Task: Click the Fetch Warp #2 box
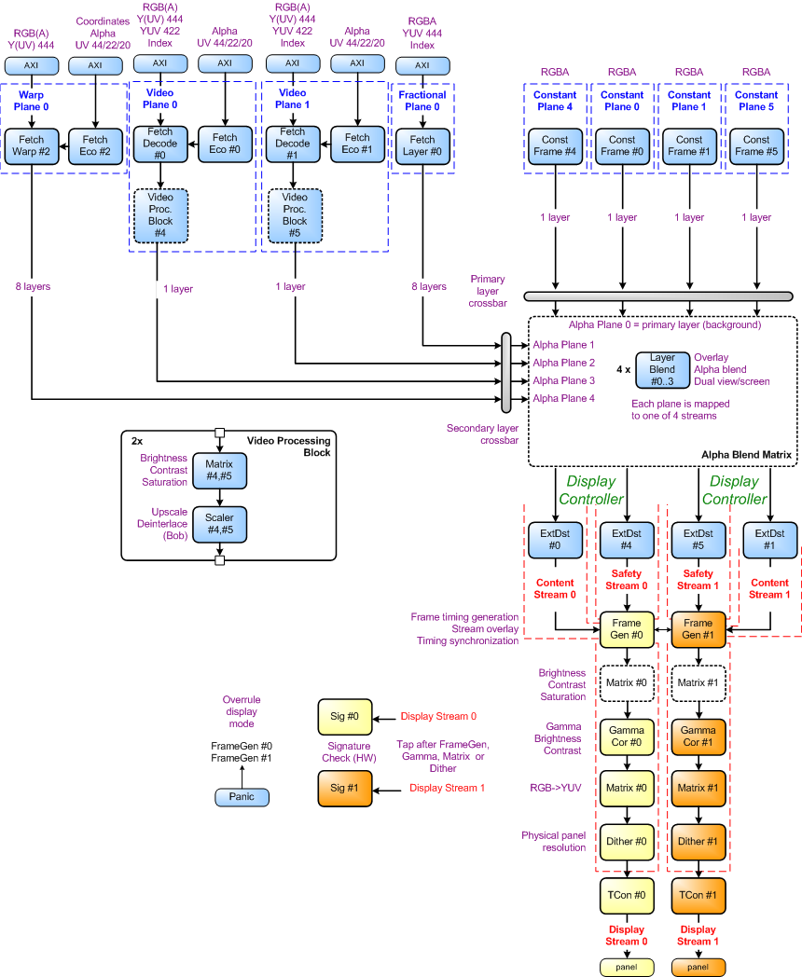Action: [33, 146]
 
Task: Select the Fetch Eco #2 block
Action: [94, 146]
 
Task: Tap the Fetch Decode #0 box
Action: [160, 144]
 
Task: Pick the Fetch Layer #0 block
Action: [422, 146]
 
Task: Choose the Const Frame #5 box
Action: [756, 146]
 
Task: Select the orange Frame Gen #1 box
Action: [698, 629]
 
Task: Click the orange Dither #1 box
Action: [698, 842]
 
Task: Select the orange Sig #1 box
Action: [344, 789]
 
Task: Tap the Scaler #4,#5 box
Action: [220, 526]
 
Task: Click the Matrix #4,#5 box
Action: [220, 471]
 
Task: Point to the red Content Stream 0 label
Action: [556, 588]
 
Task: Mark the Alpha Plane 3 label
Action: [563, 380]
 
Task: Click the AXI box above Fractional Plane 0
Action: [422, 65]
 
